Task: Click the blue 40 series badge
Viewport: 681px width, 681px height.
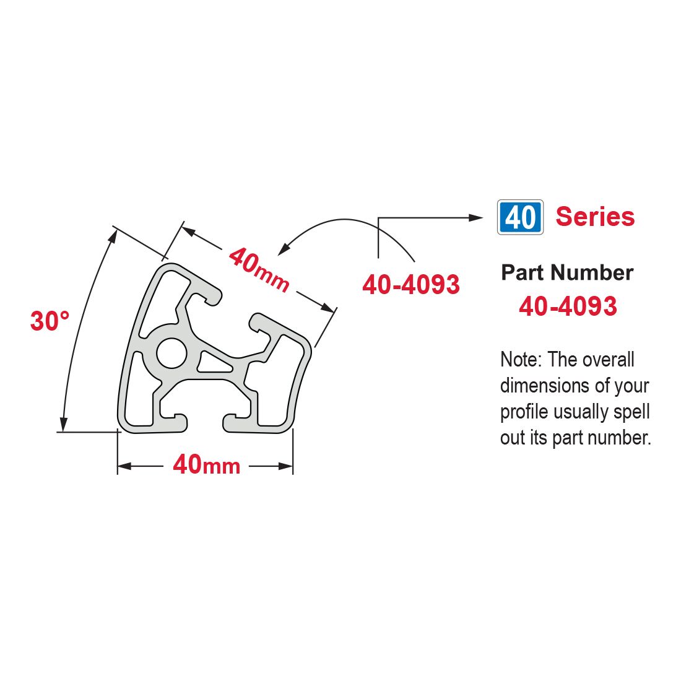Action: [520, 217]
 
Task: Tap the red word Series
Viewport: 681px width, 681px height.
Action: [595, 216]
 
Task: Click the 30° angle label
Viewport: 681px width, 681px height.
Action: [50, 321]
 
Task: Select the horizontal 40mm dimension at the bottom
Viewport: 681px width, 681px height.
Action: [206, 465]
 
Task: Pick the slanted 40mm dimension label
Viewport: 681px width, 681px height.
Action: [259, 270]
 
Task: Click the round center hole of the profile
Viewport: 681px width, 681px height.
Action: [171, 353]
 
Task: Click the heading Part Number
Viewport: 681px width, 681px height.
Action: [567, 273]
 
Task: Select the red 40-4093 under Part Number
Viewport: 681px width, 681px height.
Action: [568, 306]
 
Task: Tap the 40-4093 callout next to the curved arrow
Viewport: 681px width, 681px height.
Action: [411, 285]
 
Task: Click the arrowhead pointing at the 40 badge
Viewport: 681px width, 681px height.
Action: [477, 217]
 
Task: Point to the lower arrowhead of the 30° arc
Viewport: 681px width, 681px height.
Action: [63, 425]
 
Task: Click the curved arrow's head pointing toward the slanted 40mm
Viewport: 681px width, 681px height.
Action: [283, 249]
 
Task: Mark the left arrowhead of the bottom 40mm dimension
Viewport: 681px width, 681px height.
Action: [124, 466]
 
